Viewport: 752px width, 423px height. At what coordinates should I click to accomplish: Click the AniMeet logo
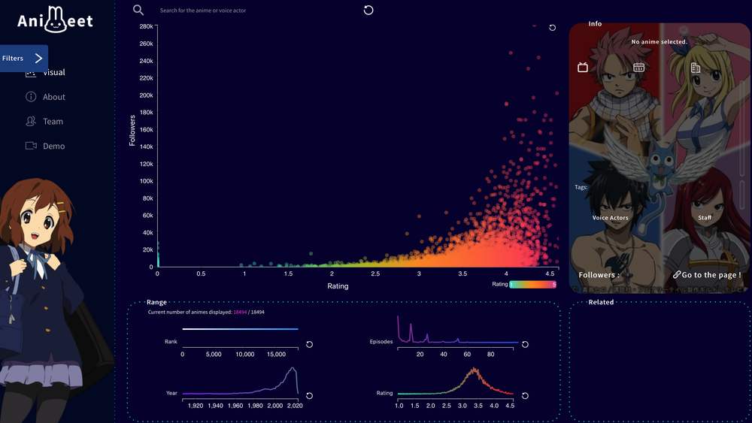coord(56,21)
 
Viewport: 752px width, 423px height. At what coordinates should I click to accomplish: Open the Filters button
coord(24,58)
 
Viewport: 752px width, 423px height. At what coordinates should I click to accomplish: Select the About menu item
coord(53,97)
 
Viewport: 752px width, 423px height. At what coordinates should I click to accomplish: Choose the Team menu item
coord(53,122)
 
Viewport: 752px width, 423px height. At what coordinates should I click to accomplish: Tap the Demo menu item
coord(53,147)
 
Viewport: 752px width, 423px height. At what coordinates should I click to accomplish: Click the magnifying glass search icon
coord(138,10)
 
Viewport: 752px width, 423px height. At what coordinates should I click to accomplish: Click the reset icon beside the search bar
coord(368,10)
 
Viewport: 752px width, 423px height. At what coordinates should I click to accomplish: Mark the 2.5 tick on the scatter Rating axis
coord(375,273)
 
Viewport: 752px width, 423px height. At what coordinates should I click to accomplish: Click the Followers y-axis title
coord(132,130)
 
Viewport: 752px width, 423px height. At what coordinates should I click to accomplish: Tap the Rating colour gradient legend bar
coord(533,285)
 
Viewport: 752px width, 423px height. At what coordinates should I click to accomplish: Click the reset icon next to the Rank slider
coord(309,344)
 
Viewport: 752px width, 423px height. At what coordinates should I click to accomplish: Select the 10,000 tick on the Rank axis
coord(245,354)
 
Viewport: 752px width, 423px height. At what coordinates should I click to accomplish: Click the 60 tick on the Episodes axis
coord(467,354)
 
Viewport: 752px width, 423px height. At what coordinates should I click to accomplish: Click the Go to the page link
coord(706,275)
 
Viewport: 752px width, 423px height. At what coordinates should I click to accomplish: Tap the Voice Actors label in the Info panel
coord(610,218)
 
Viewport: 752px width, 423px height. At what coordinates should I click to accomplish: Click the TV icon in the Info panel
coord(583,68)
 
